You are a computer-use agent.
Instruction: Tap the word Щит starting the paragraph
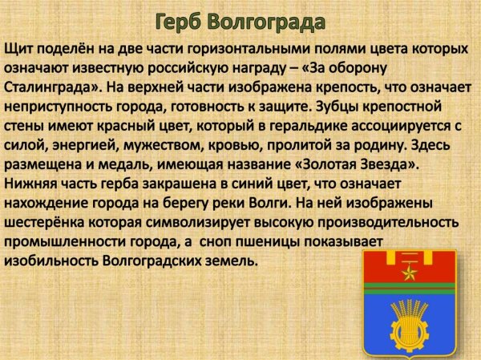(x=18, y=48)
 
